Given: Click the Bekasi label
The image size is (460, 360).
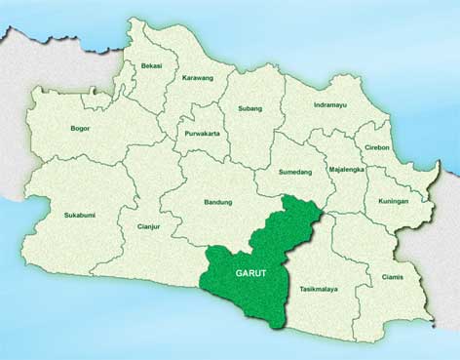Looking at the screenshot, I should point(152,65).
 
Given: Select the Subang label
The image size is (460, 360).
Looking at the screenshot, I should point(249,108).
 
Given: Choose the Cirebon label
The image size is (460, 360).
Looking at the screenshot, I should point(375,147).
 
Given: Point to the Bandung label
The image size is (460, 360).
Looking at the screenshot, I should point(217,202).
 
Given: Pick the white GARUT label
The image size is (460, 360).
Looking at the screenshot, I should point(250,273).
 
